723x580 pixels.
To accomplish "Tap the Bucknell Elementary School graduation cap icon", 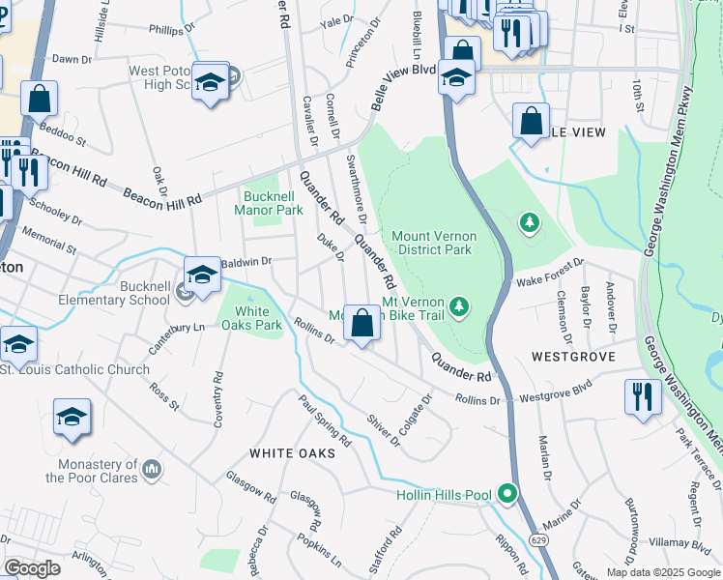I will (201, 275).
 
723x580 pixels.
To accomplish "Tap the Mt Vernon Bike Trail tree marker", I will (461, 307).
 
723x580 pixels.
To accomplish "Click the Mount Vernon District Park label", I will (431, 242).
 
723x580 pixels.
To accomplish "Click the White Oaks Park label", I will (251, 318).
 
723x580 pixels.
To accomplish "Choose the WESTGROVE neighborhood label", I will (573, 357).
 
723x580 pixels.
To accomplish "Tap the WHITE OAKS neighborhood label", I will (292, 452).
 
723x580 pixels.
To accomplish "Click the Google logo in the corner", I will (32, 567).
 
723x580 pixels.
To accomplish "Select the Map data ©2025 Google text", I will (663, 572).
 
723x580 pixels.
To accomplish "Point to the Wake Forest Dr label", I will (550, 273).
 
